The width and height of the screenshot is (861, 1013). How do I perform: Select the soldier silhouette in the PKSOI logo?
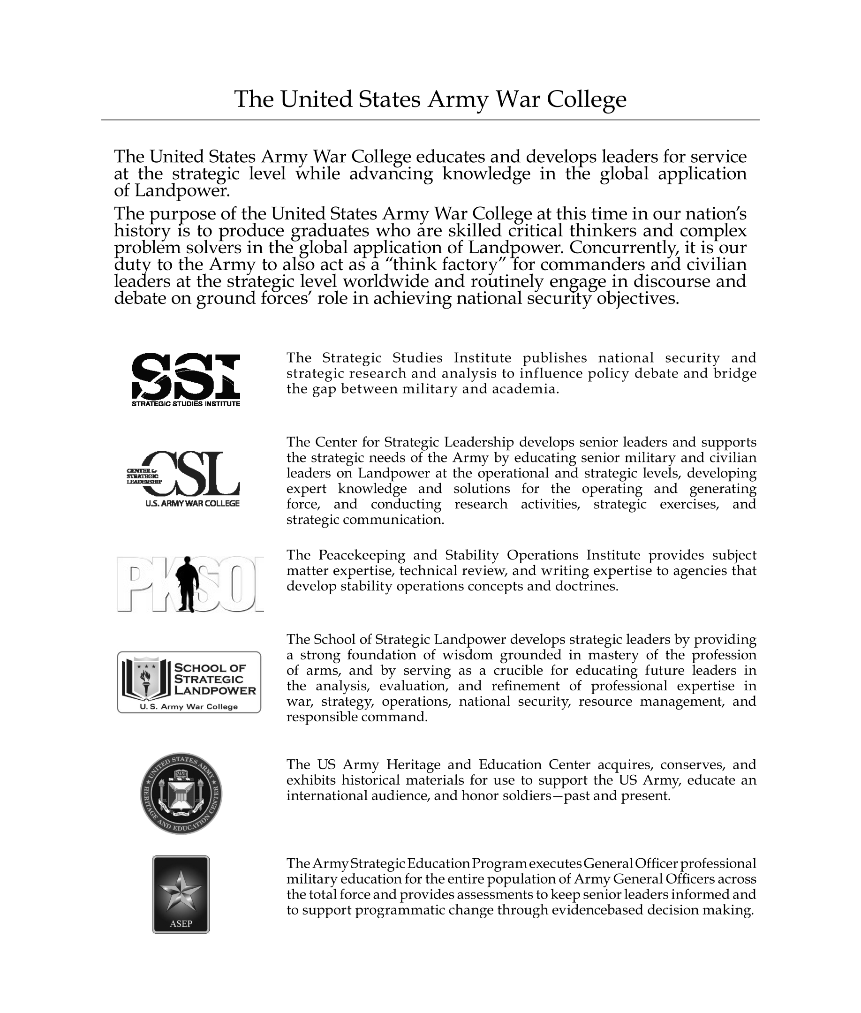point(187,584)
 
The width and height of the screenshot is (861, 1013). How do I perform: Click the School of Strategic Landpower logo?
point(189,682)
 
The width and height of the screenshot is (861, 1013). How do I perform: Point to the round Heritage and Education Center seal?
point(181,794)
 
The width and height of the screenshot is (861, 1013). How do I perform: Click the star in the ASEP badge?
point(181,892)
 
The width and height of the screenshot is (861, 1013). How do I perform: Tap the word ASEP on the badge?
point(181,924)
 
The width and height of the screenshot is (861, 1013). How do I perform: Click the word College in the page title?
point(586,99)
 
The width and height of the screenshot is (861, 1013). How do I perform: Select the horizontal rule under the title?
point(430,120)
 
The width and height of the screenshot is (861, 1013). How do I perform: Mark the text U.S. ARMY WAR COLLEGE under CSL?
point(192,503)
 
